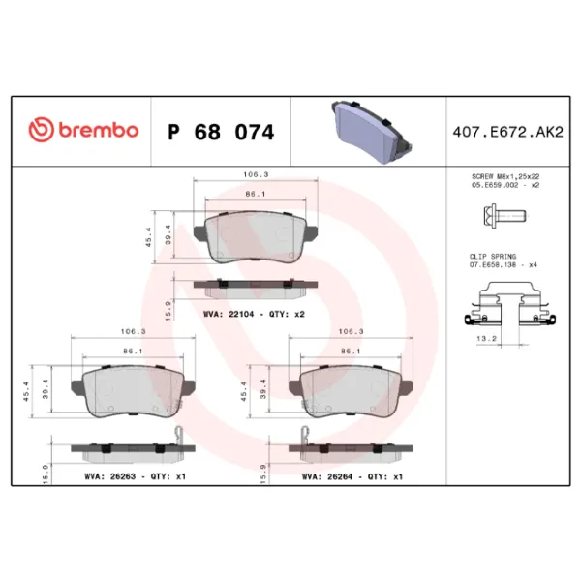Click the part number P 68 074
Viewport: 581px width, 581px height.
[x=221, y=132]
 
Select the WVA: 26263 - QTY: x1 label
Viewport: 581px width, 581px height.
[x=132, y=476]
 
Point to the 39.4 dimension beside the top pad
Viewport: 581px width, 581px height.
[x=167, y=237]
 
